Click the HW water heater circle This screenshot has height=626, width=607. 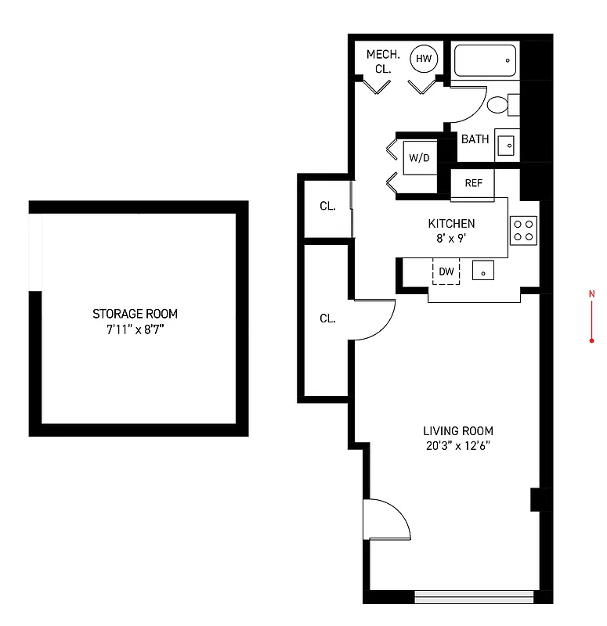pyautogui.click(x=424, y=59)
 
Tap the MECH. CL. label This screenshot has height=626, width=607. pyautogui.click(x=383, y=61)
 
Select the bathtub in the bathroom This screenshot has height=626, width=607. pyautogui.click(x=486, y=60)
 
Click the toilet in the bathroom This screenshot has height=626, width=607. pyautogui.click(x=500, y=106)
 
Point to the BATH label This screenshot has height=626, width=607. pyautogui.click(x=475, y=139)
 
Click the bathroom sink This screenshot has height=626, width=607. pyautogui.click(x=506, y=145)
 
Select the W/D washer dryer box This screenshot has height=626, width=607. pyautogui.click(x=420, y=158)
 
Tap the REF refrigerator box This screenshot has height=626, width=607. pyautogui.click(x=473, y=183)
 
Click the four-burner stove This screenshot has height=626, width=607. pyautogui.click(x=523, y=229)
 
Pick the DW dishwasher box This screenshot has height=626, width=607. pyautogui.click(x=446, y=272)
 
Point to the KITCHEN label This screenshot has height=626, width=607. pyautogui.click(x=450, y=224)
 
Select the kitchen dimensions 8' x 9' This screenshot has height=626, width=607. pyautogui.click(x=450, y=239)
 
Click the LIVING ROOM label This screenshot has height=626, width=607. pyautogui.click(x=458, y=431)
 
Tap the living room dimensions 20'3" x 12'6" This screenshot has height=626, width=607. pyautogui.click(x=458, y=446)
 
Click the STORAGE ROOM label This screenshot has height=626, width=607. pyautogui.click(x=135, y=314)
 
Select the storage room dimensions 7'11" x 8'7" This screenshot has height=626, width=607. pyautogui.click(x=135, y=329)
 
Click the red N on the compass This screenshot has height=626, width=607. pyautogui.click(x=591, y=293)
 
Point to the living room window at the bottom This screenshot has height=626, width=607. pyautogui.click(x=474, y=596)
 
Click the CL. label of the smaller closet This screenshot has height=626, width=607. pyautogui.click(x=327, y=207)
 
